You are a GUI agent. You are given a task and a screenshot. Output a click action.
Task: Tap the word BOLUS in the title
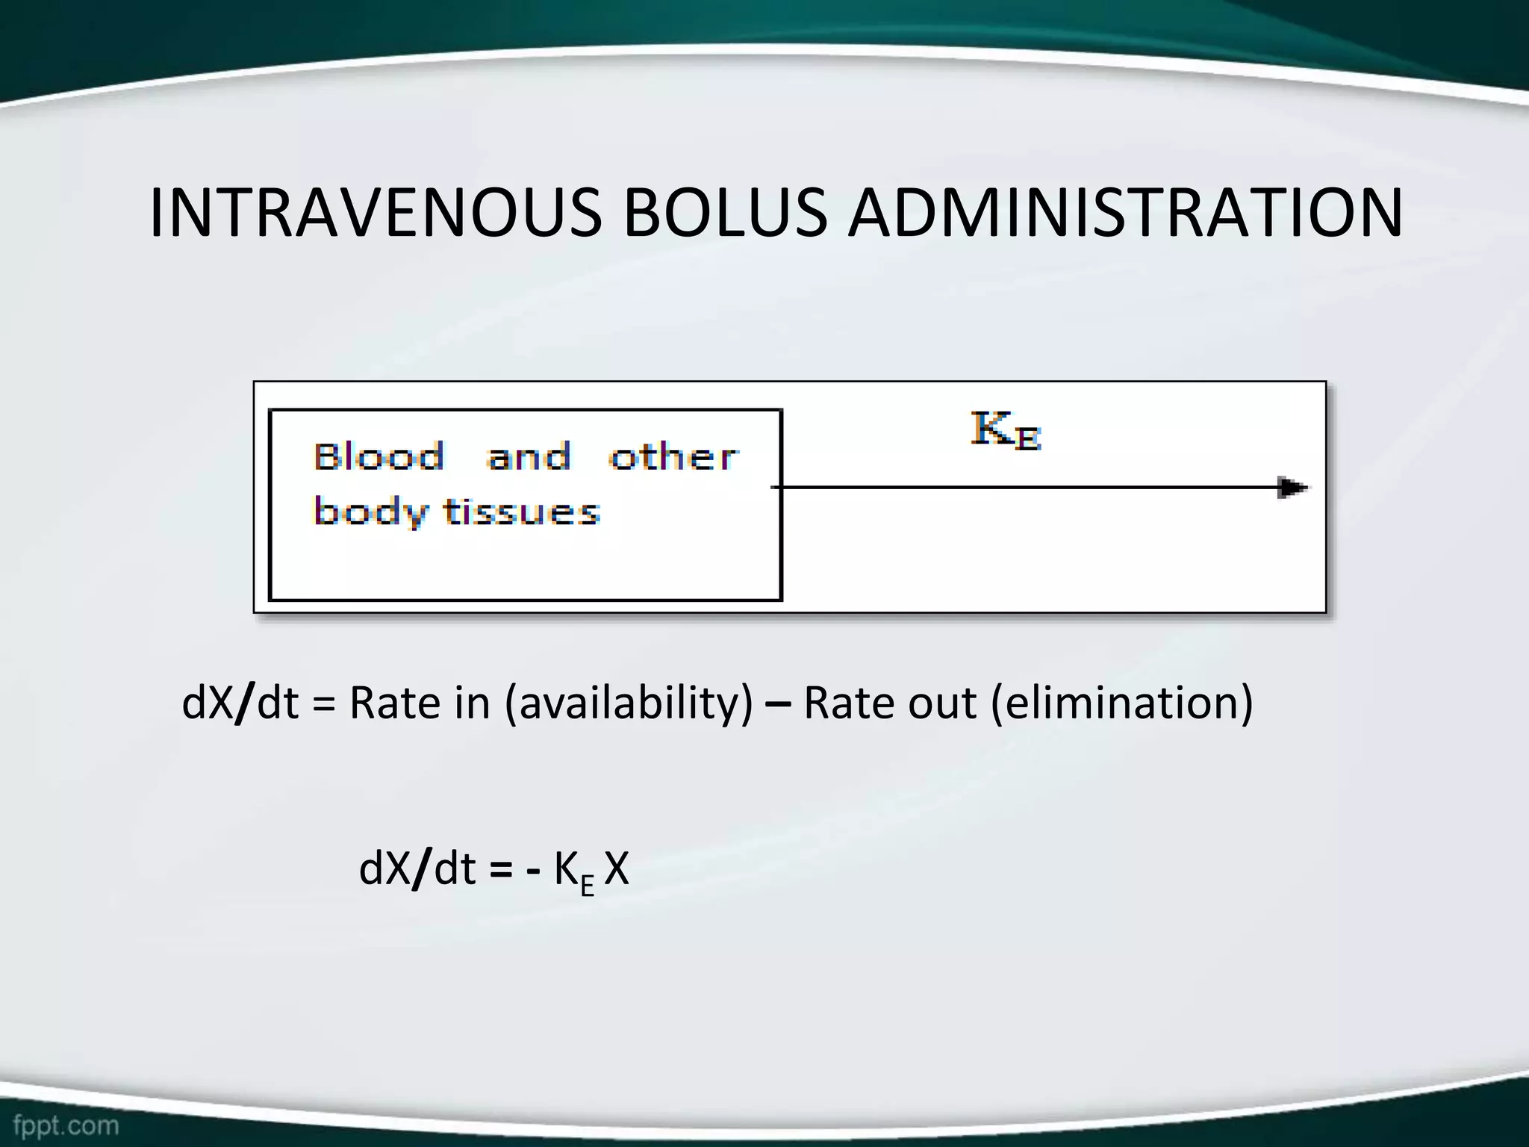coord(725,214)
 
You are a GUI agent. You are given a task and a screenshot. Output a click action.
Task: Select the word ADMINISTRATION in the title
coord(1125,214)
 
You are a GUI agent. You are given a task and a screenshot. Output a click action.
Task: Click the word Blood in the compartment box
coord(379,457)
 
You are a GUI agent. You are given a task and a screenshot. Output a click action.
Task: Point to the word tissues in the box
coord(522,512)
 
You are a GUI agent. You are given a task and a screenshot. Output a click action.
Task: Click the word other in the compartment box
coord(673,457)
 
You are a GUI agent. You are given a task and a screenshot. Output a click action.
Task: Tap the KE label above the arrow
coord(1006,431)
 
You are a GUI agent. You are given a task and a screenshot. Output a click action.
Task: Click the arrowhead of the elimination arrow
coord(1292,488)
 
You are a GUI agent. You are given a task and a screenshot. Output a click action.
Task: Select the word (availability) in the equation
coord(629,703)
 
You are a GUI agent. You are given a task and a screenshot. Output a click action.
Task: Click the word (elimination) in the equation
coord(1121,703)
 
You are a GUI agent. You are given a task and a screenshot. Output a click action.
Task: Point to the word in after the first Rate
coord(472,703)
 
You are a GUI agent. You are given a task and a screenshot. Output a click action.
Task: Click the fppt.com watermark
coord(66,1125)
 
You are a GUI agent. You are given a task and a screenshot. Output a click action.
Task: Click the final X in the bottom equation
coord(617,869)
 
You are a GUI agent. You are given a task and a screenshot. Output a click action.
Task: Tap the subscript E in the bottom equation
coord(588,886)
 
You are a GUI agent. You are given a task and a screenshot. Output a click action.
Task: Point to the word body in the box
coord(370,512)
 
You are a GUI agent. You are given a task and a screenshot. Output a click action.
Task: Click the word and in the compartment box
coord(529,457)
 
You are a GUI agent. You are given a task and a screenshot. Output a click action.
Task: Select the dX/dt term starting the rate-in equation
coord(240,703)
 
